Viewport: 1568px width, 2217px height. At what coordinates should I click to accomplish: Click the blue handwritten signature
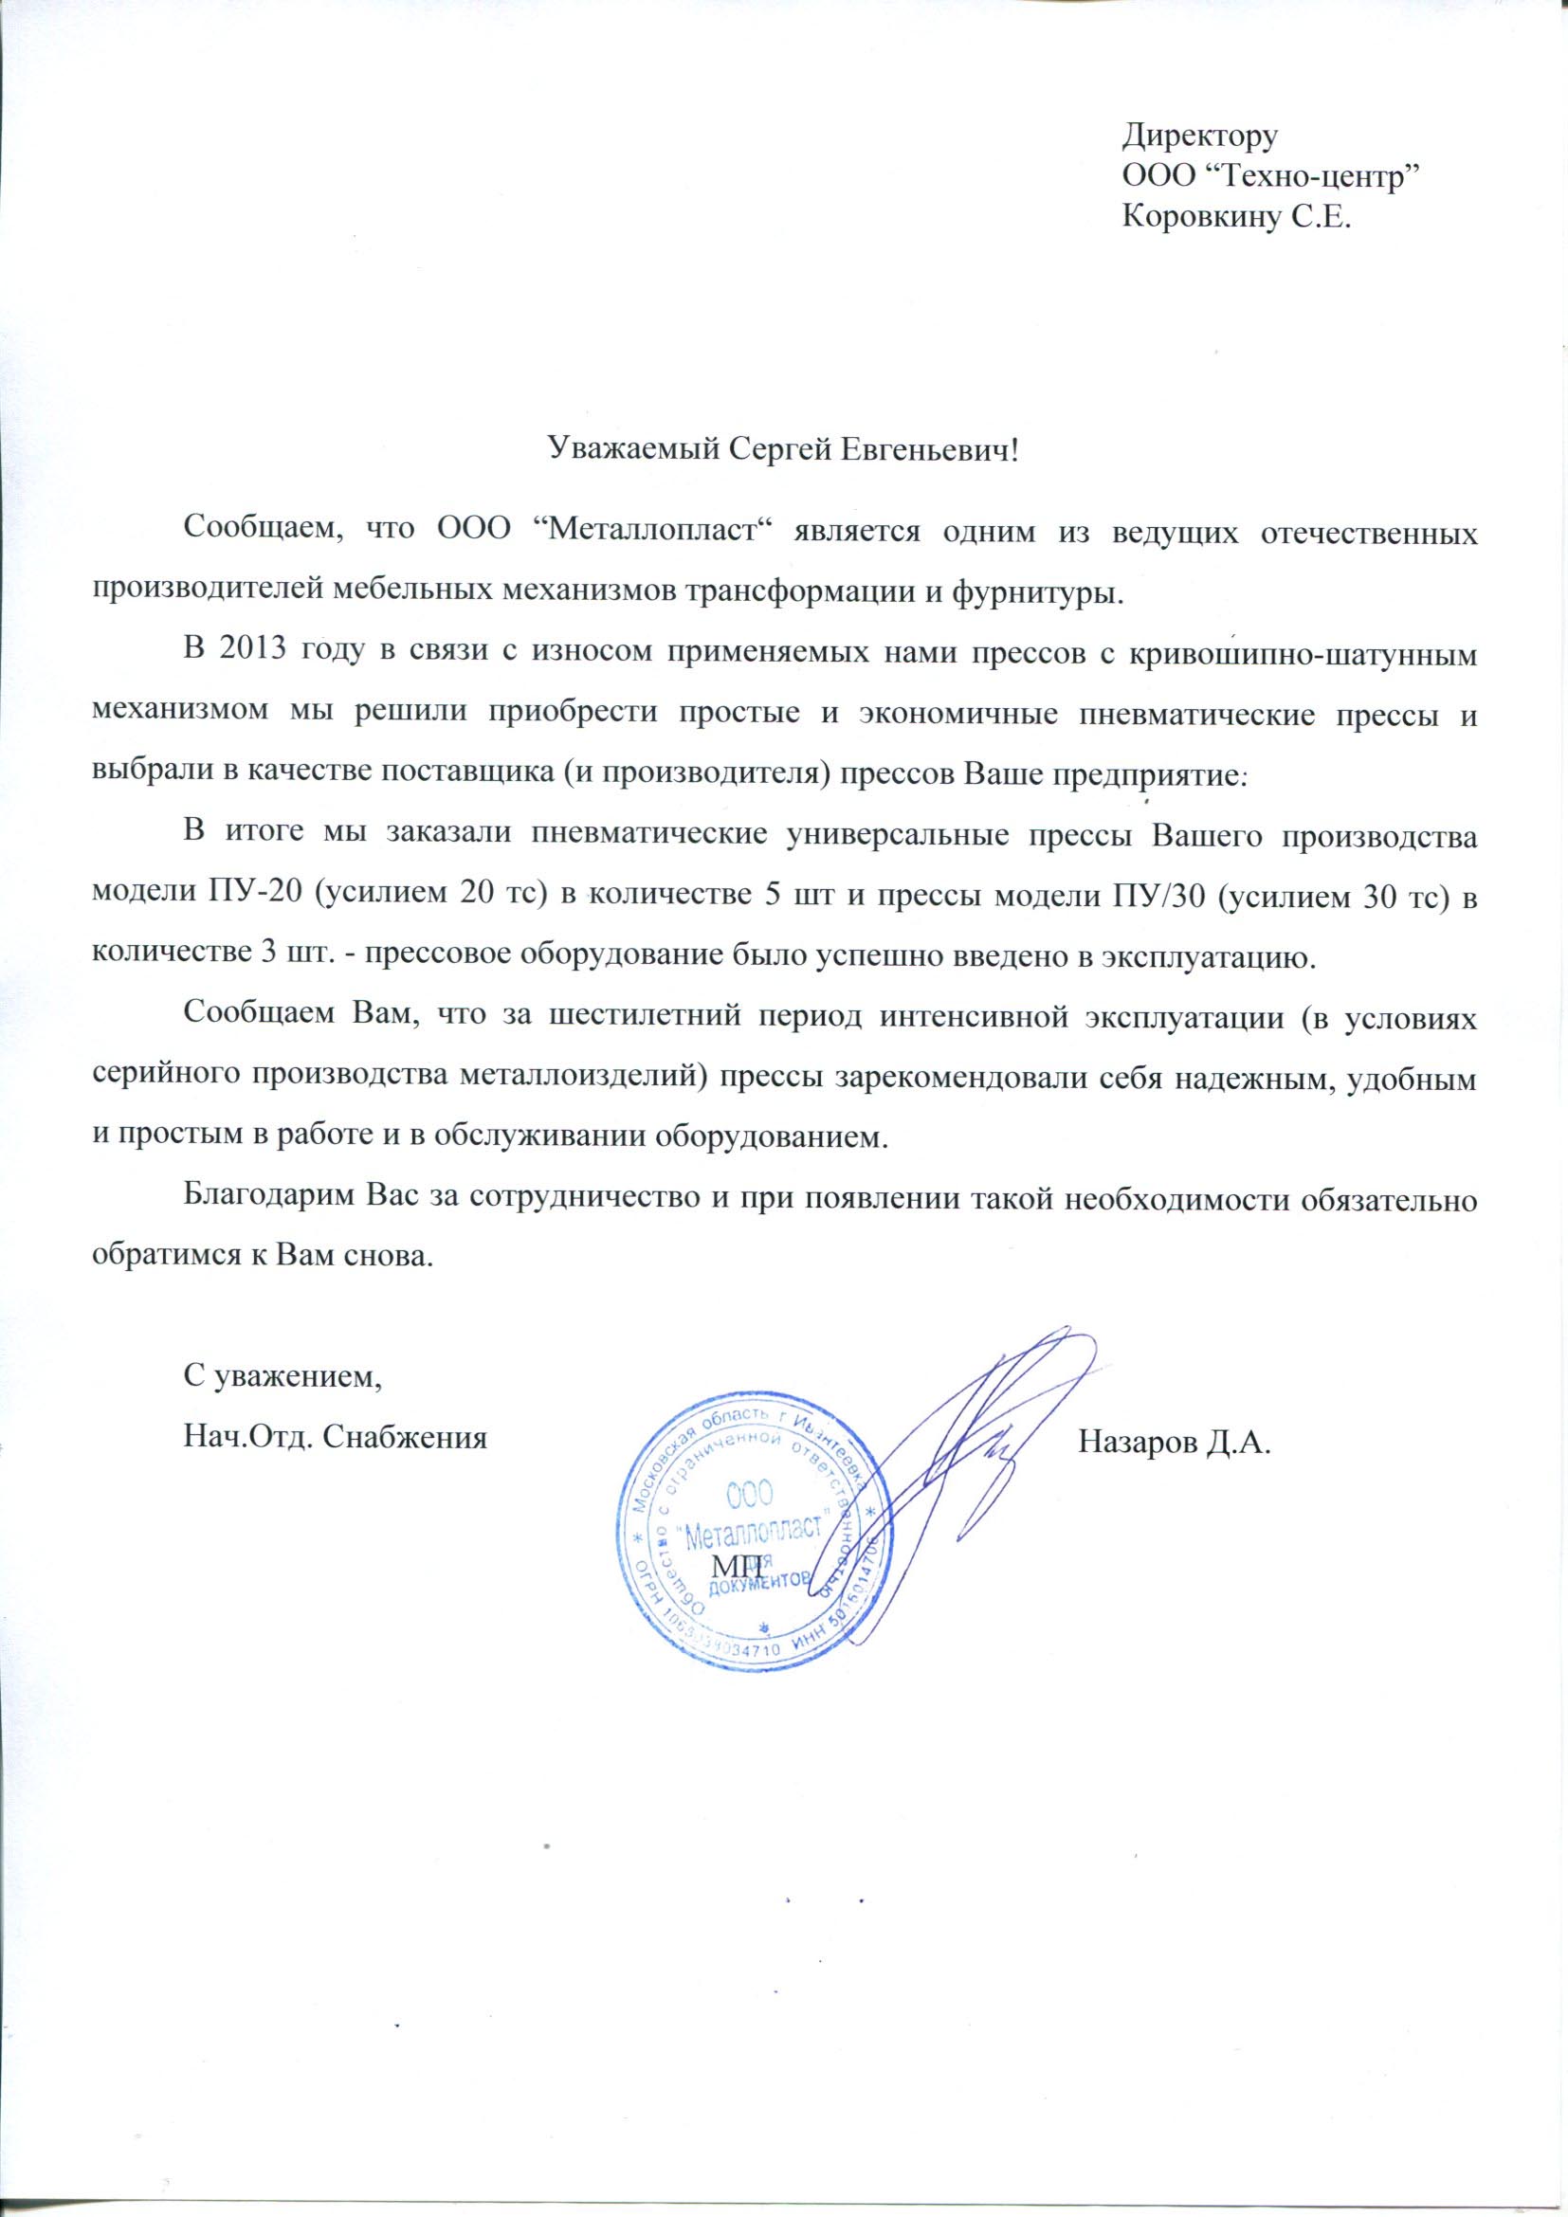pyautogui.click(x=965, y=1448)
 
